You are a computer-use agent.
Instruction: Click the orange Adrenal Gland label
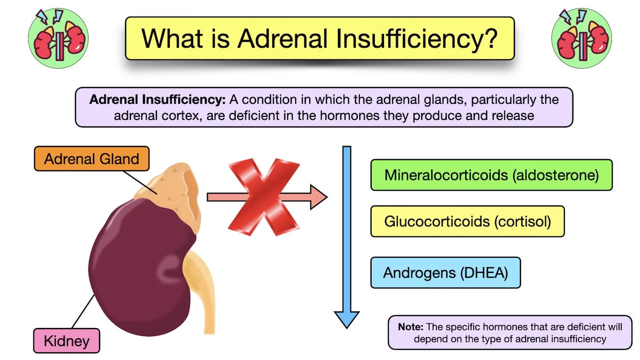click(x=92, y=159)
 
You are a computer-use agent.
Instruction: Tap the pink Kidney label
click(x=67, y=341)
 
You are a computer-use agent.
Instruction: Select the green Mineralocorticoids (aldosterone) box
click(x=491, y=175)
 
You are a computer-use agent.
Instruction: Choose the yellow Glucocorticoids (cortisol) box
click(x=467, y=221)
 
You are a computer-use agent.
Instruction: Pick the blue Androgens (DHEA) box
click(x=445, y=273)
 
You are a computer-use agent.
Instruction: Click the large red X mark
click(x=264, y=197)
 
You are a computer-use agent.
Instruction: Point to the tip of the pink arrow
click(x=326, y=197)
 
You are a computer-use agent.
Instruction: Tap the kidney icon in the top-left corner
click(x=58, y=38)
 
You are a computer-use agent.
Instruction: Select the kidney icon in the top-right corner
click(x=582, y=38)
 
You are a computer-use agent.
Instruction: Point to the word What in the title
click(x=172, y=39)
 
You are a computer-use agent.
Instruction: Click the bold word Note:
click(x=410, y=327)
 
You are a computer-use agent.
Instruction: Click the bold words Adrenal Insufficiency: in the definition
click(x=157, y=99)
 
